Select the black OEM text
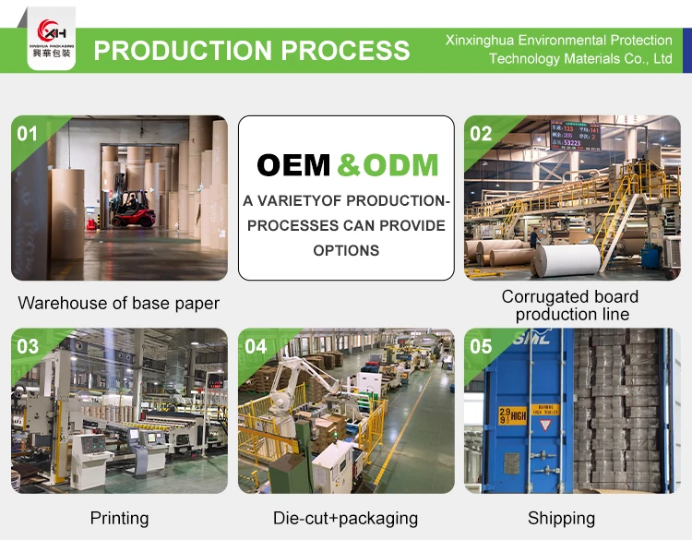[x=293, y=165]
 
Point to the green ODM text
[x=388, y=165]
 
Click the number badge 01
[x=28, y=134]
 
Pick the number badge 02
[x=481, y=134]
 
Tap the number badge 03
[x=28, y=347]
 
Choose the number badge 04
[x=256, y=347]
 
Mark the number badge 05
[x=481, y=347]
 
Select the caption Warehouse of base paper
[x=119, y=303]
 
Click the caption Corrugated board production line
[x=571, y=306]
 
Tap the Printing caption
[x=119, y=518]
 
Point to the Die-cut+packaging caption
[x=346, y=518]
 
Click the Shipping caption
[x=561, y=518]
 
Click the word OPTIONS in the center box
[x=346, y=250]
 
